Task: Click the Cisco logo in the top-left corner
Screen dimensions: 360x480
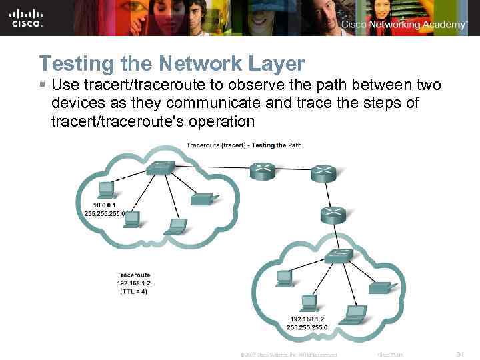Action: [x=27, y=19]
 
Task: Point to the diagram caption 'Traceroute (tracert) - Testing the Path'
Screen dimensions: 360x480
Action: [x=244, y=145]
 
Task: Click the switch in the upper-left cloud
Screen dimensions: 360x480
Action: [x=161, y=167]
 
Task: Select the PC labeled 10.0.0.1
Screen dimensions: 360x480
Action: [x=106, y=189]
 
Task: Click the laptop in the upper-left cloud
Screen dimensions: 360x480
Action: [x=176, y=226]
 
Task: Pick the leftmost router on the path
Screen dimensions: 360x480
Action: [x=262, y=171]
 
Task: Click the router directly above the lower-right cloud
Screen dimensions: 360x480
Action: [x=332, y=215]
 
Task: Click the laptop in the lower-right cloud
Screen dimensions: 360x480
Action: [x=354, y=312]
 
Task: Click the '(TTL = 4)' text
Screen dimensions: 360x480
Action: [x=134, y=291]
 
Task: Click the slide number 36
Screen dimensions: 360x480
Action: [x=459, y=355]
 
